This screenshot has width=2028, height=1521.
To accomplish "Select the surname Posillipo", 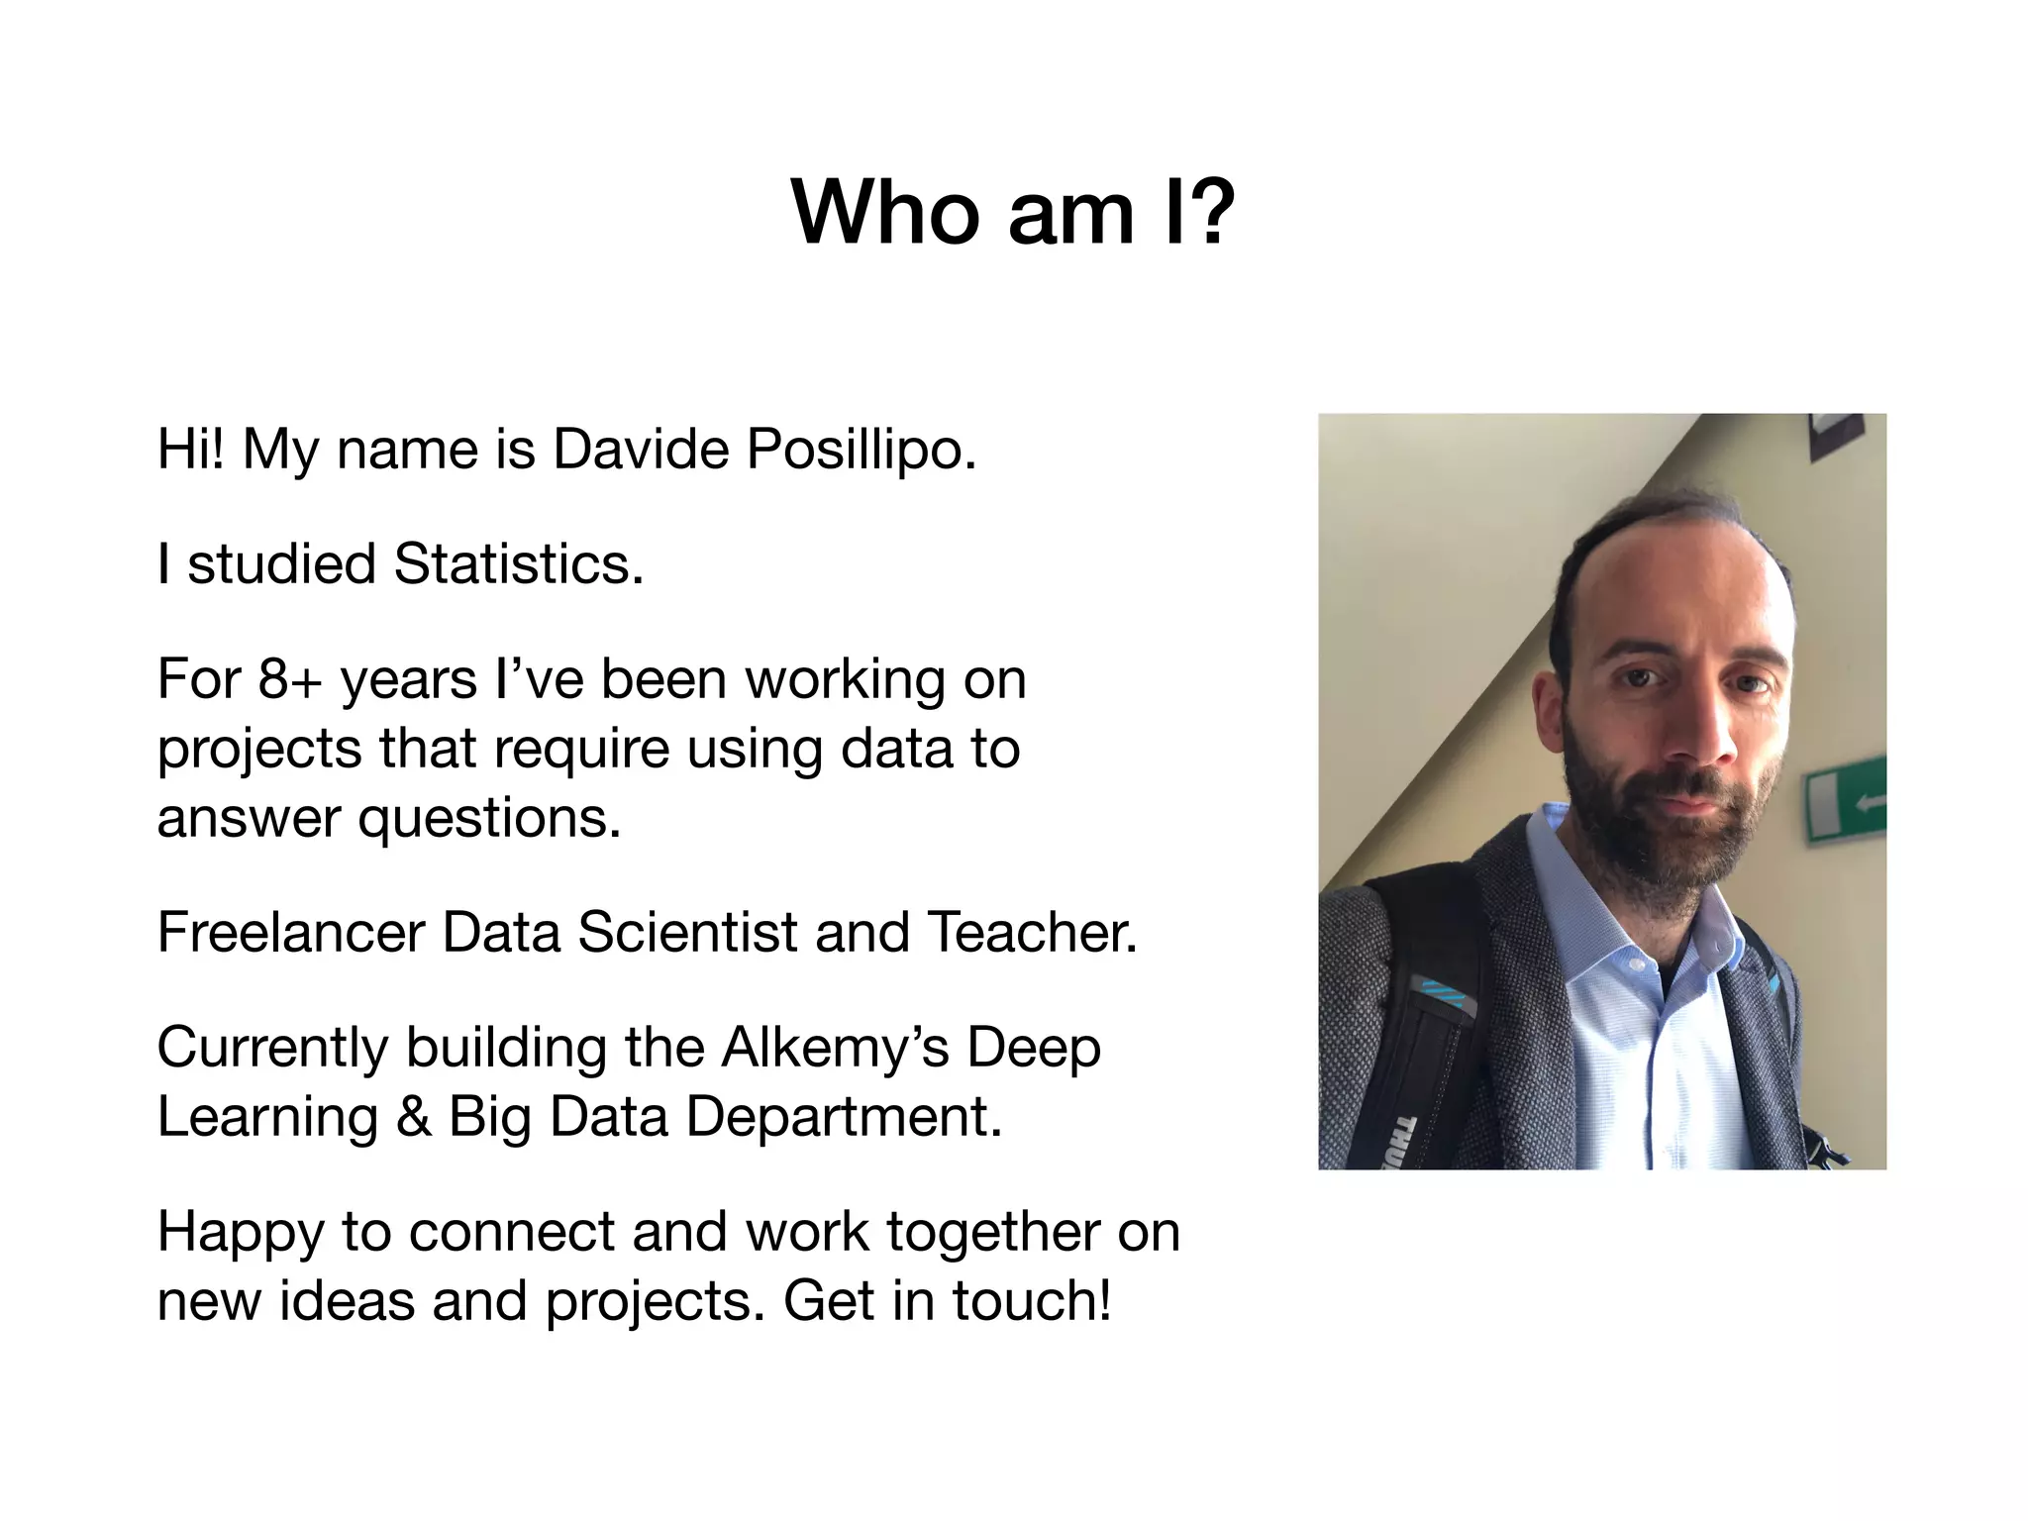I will coord(862,451).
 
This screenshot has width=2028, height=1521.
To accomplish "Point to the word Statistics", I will coord(518,564).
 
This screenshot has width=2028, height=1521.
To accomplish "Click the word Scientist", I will coord(687,933).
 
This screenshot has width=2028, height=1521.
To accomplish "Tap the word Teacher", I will coord(1032,933).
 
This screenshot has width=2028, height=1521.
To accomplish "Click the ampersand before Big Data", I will coord(414,1117).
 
